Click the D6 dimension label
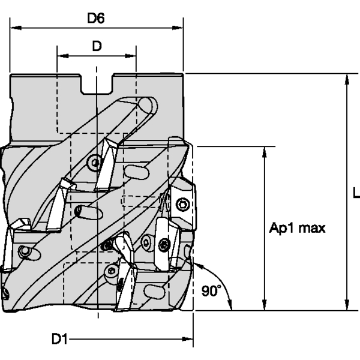coord(96,18)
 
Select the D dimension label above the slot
coord(96,46)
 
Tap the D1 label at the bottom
coord(58,340)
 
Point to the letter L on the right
coord(356,193)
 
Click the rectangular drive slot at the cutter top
coord(97,84)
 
